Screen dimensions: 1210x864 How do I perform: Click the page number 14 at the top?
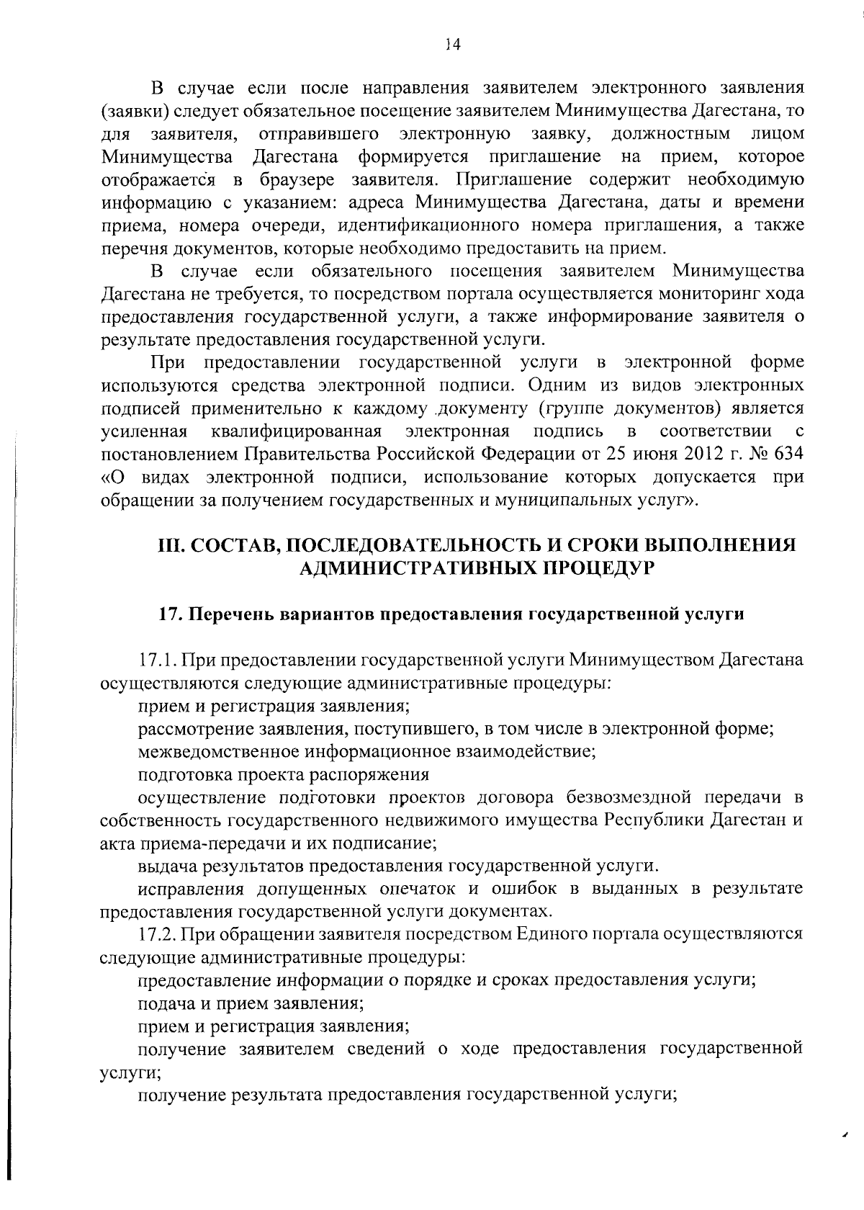pos(452,45)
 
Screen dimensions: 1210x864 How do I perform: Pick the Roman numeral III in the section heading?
pos(171,544)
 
